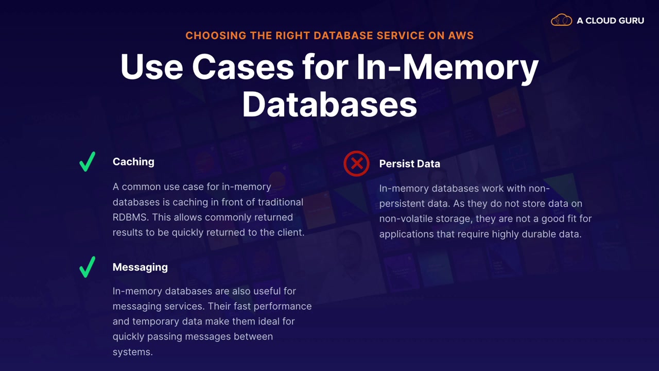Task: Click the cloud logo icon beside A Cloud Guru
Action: pos(561,21)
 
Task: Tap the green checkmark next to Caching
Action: pos(88,161)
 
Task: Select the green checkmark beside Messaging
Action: pos(88,267)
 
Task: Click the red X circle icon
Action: pos(356,164)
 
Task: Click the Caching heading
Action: pos(133,162)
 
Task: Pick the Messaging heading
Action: pos(140,267)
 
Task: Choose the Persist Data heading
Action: pos(409,164)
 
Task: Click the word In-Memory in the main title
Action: pos(447,67)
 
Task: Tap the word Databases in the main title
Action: pos(329,104)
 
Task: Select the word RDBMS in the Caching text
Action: pos(130,217)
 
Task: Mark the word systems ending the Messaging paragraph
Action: pos(133,352)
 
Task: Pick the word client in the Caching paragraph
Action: pos(290,232)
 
